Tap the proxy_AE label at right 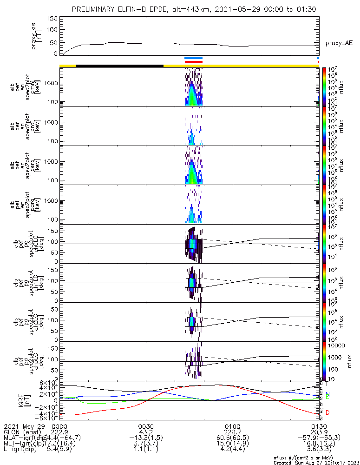(339, 43)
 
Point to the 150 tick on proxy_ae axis (52, 19)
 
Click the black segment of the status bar (120, 66)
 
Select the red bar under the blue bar (193, 62)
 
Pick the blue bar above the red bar (193, 58)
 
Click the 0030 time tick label (146, 426)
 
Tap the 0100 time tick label (232, 426)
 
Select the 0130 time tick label (319, 426)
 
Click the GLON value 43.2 (146, 432)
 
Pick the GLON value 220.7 (232, 432)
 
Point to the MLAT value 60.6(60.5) (232, 438)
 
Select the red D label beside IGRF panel (327, 412)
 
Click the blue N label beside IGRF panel (327, 394)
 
